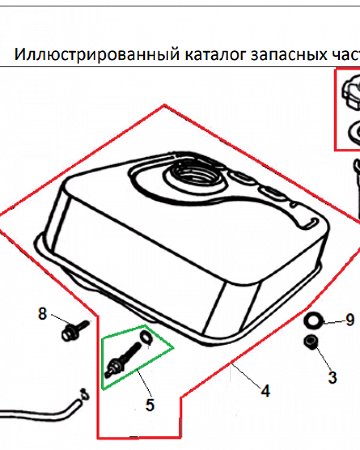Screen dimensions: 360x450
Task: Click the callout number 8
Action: [42, 313]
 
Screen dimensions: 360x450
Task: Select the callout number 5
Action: [150, 405]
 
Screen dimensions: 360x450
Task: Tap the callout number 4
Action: [265, 391]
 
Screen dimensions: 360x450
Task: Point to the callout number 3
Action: [332, 378]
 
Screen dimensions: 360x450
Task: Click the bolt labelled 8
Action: [75, 330]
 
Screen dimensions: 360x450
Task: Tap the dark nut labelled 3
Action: [311, 342]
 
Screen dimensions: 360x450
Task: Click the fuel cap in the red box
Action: [351, 92]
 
